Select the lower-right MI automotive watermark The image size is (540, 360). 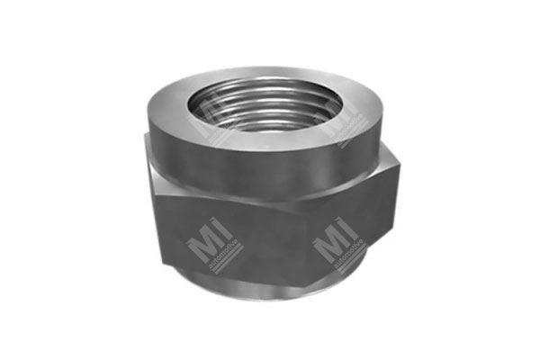(x=337, y=247)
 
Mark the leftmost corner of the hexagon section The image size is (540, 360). (x=145, y=189)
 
